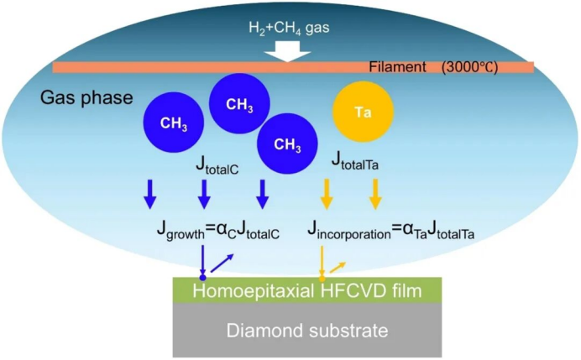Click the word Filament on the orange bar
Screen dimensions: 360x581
pos(397,66)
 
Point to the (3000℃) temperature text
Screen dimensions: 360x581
pos(471,66)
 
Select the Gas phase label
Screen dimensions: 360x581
pos(86,97)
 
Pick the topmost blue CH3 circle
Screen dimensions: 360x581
pos(238,103)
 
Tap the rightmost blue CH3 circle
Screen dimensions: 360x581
pos(287,144)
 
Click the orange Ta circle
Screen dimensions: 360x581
pos(364,112)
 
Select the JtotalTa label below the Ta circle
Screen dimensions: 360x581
pos(354,160)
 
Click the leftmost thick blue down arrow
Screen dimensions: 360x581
pos(150,195)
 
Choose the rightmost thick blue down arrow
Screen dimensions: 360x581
pos(263,195)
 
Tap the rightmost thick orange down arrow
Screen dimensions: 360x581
pos(375,195)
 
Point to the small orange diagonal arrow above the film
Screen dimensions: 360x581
pos(337,266)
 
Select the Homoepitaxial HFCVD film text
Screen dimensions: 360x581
pos(306,290)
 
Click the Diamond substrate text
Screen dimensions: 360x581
pos(307,331)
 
